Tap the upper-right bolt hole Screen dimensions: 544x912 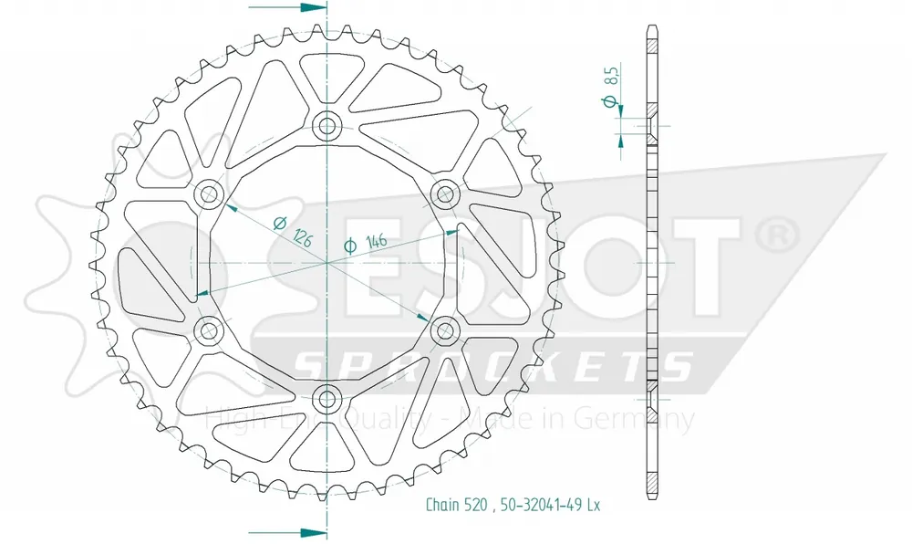point(444,194)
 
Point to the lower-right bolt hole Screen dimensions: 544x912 point(444,330)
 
